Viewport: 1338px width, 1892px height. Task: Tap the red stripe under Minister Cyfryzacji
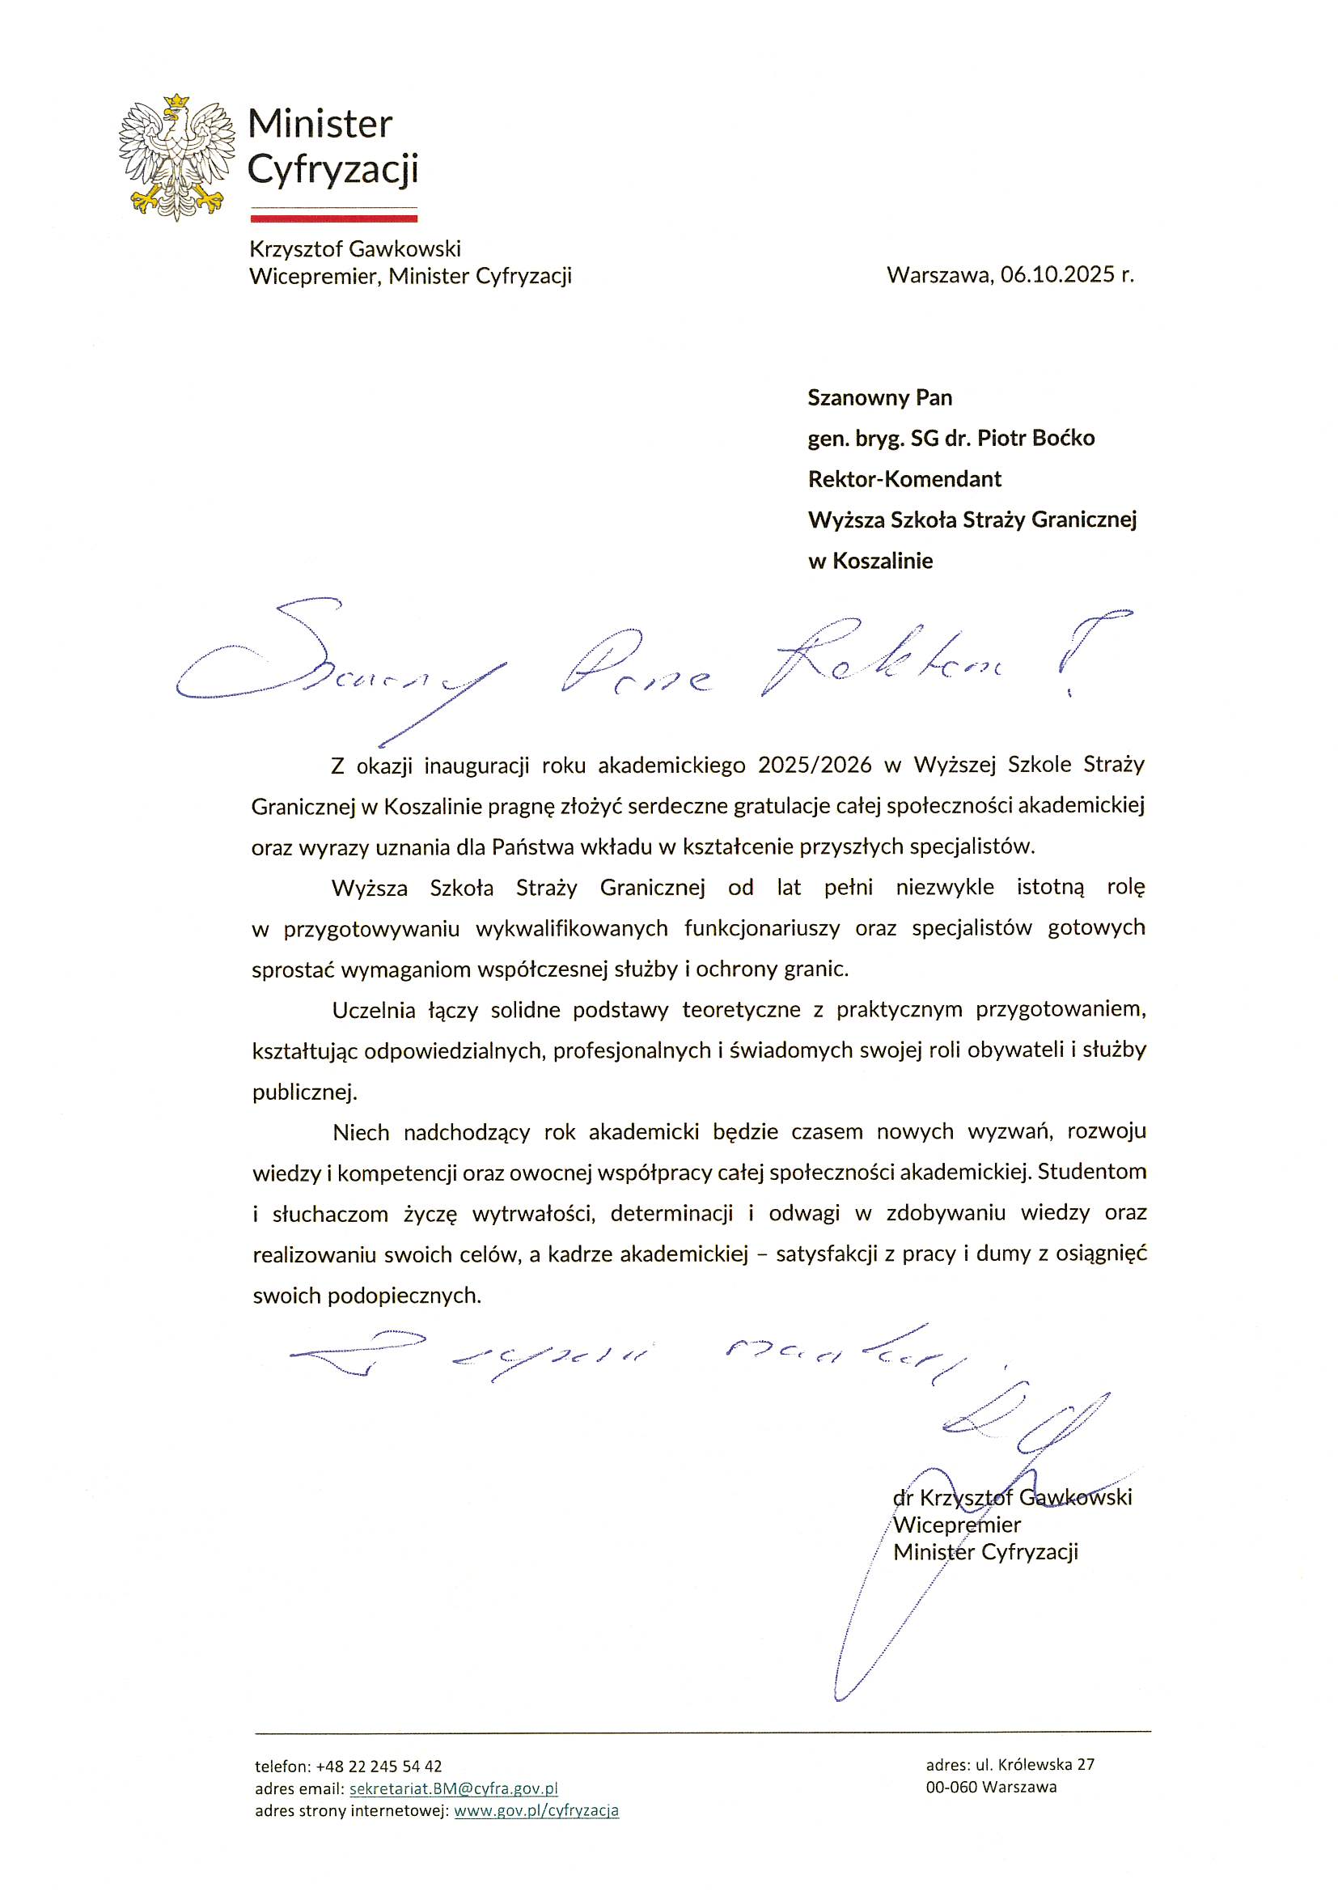pos(333,218)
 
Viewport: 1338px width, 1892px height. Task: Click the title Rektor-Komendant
pos(904,479)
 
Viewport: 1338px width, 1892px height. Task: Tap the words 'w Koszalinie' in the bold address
pos(870,561)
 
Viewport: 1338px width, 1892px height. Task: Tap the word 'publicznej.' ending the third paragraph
pos(305,1092)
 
